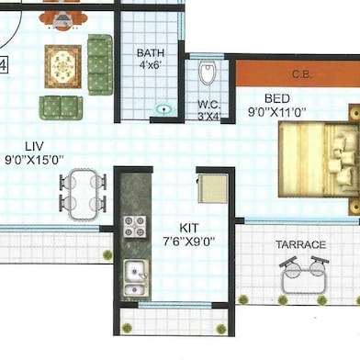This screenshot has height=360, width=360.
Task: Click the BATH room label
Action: point(151,53)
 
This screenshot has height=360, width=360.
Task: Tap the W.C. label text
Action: point(208,105)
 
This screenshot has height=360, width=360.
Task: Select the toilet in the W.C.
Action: point(208,73)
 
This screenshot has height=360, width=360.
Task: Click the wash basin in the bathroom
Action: point(164,109)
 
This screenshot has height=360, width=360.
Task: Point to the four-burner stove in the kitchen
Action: point(135,227)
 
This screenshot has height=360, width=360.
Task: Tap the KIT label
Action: point(189,228)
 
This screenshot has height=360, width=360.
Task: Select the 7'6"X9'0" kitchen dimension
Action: point(188,242)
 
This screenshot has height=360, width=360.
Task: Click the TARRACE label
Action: point(301,244)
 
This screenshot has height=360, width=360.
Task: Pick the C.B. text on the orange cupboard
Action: point(302,74)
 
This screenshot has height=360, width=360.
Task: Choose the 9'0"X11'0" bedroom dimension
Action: point(277,112)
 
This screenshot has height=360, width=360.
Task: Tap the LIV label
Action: point(34,146)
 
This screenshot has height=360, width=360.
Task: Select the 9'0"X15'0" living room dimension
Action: point(34,160)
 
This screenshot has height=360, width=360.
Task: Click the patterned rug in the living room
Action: point(63,66)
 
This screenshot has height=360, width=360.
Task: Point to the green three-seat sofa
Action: point(100,64)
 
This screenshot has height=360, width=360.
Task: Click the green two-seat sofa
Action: point(61,107)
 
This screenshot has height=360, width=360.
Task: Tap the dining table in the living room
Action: point(83,195)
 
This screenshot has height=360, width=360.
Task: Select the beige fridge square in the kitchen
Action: point(213,188)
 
